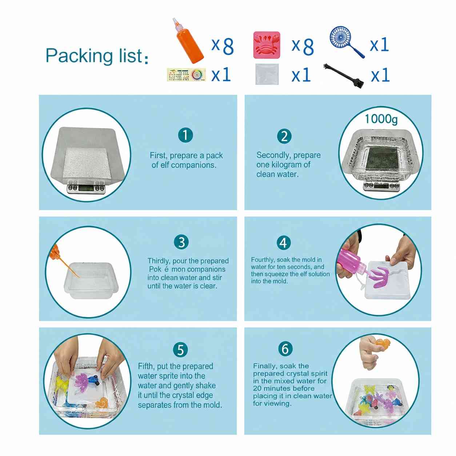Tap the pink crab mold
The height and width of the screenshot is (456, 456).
pyautogui.click(x=267, y=45)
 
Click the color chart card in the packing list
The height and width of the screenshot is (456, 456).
pyautogui.click(x=186, y=75)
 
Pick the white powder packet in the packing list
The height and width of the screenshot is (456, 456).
pyautogui.click(x=267, y=74)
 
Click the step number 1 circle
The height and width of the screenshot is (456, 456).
pyautogui.click(x=185, y=135)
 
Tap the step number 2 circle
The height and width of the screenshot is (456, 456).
pyautogui.click(x=284, y=136)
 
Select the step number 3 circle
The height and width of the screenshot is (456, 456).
pyautogui.click(x=181, y=242)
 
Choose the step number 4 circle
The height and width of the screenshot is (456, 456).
pyautogui.click(x=284, y=243)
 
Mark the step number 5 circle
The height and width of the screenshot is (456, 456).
pyautogui.click(x=180, y=349)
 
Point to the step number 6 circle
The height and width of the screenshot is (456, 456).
pyautogui.click(x=285, y=349)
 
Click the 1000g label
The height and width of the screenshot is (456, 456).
pyautogui.click(x=381, y=119)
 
